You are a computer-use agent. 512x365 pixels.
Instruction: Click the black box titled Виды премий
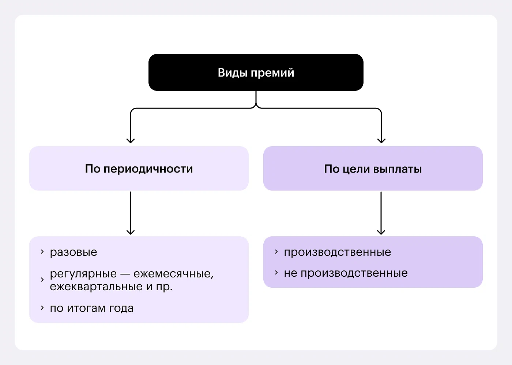pos(256,72)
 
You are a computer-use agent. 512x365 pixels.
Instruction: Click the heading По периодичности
pos(139,169)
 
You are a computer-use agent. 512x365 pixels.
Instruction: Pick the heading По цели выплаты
pos(373,169)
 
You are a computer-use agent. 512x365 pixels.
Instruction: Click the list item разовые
pos(74,252)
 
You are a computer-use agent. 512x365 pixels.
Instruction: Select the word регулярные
pos(83,274)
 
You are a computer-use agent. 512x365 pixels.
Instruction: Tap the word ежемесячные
pos(173,274)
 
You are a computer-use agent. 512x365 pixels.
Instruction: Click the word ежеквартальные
pos(96,287)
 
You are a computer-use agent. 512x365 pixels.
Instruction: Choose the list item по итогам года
pos(92,308)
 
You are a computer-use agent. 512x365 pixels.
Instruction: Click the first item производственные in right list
pos(338,252)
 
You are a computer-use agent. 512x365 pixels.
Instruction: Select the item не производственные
pos(346,273)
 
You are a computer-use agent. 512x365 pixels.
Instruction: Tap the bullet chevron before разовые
pos(42,252)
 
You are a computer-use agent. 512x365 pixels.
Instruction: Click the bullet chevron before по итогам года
pos(42,308)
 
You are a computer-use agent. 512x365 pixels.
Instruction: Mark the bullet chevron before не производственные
pos(276,273)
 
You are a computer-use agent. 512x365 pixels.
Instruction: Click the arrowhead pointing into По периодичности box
pos(131,140)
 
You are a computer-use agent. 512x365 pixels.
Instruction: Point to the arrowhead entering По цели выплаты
pos(381,140)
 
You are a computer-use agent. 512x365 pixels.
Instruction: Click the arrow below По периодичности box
pos(131,213)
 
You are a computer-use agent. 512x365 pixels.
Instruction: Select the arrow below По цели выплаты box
pos(381,213)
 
